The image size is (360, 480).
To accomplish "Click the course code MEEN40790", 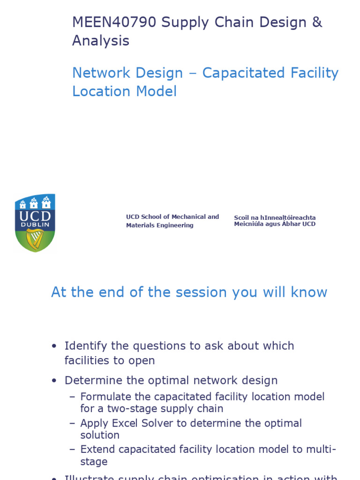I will point(114,22).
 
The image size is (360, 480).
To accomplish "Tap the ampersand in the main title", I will point(317,22).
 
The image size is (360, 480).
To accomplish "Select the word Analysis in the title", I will point(100,41).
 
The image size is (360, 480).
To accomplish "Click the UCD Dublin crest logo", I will point(35,223).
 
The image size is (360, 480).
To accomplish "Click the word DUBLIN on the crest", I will point(35,225).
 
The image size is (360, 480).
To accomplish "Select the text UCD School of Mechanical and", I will point(172,217).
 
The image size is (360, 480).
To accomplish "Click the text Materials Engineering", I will point(159,225).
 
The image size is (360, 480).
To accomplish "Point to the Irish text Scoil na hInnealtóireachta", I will point(275,218).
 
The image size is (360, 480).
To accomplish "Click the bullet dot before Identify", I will point(54,346).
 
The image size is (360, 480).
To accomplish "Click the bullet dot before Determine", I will point(54,381).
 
